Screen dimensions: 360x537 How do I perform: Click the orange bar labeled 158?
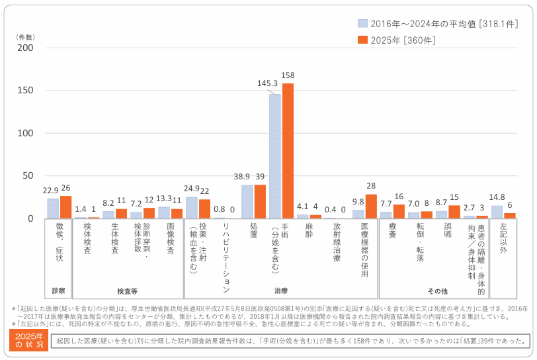(288, 151)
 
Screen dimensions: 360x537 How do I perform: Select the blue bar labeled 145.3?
(274, 156)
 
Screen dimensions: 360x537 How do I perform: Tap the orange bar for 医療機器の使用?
(371, 206)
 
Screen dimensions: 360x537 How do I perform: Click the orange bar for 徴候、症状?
(65, 207)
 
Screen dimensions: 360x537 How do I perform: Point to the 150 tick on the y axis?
(24, 91)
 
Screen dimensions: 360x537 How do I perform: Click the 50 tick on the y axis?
(26, 176)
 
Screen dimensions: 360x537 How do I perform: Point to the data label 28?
(371, 187)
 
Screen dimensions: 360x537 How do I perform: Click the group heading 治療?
(281, 291)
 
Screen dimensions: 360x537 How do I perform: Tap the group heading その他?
(437, 291)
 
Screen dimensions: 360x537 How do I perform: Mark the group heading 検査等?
(127, 291)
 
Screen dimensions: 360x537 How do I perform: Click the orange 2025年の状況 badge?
(29, 340)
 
